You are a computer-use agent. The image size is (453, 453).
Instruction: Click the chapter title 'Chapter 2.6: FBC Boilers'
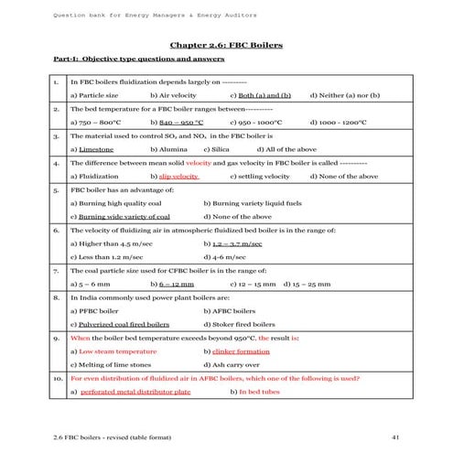226,44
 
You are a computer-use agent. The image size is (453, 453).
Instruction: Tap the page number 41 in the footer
394,435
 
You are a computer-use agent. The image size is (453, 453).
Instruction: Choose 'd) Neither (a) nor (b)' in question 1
345,94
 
